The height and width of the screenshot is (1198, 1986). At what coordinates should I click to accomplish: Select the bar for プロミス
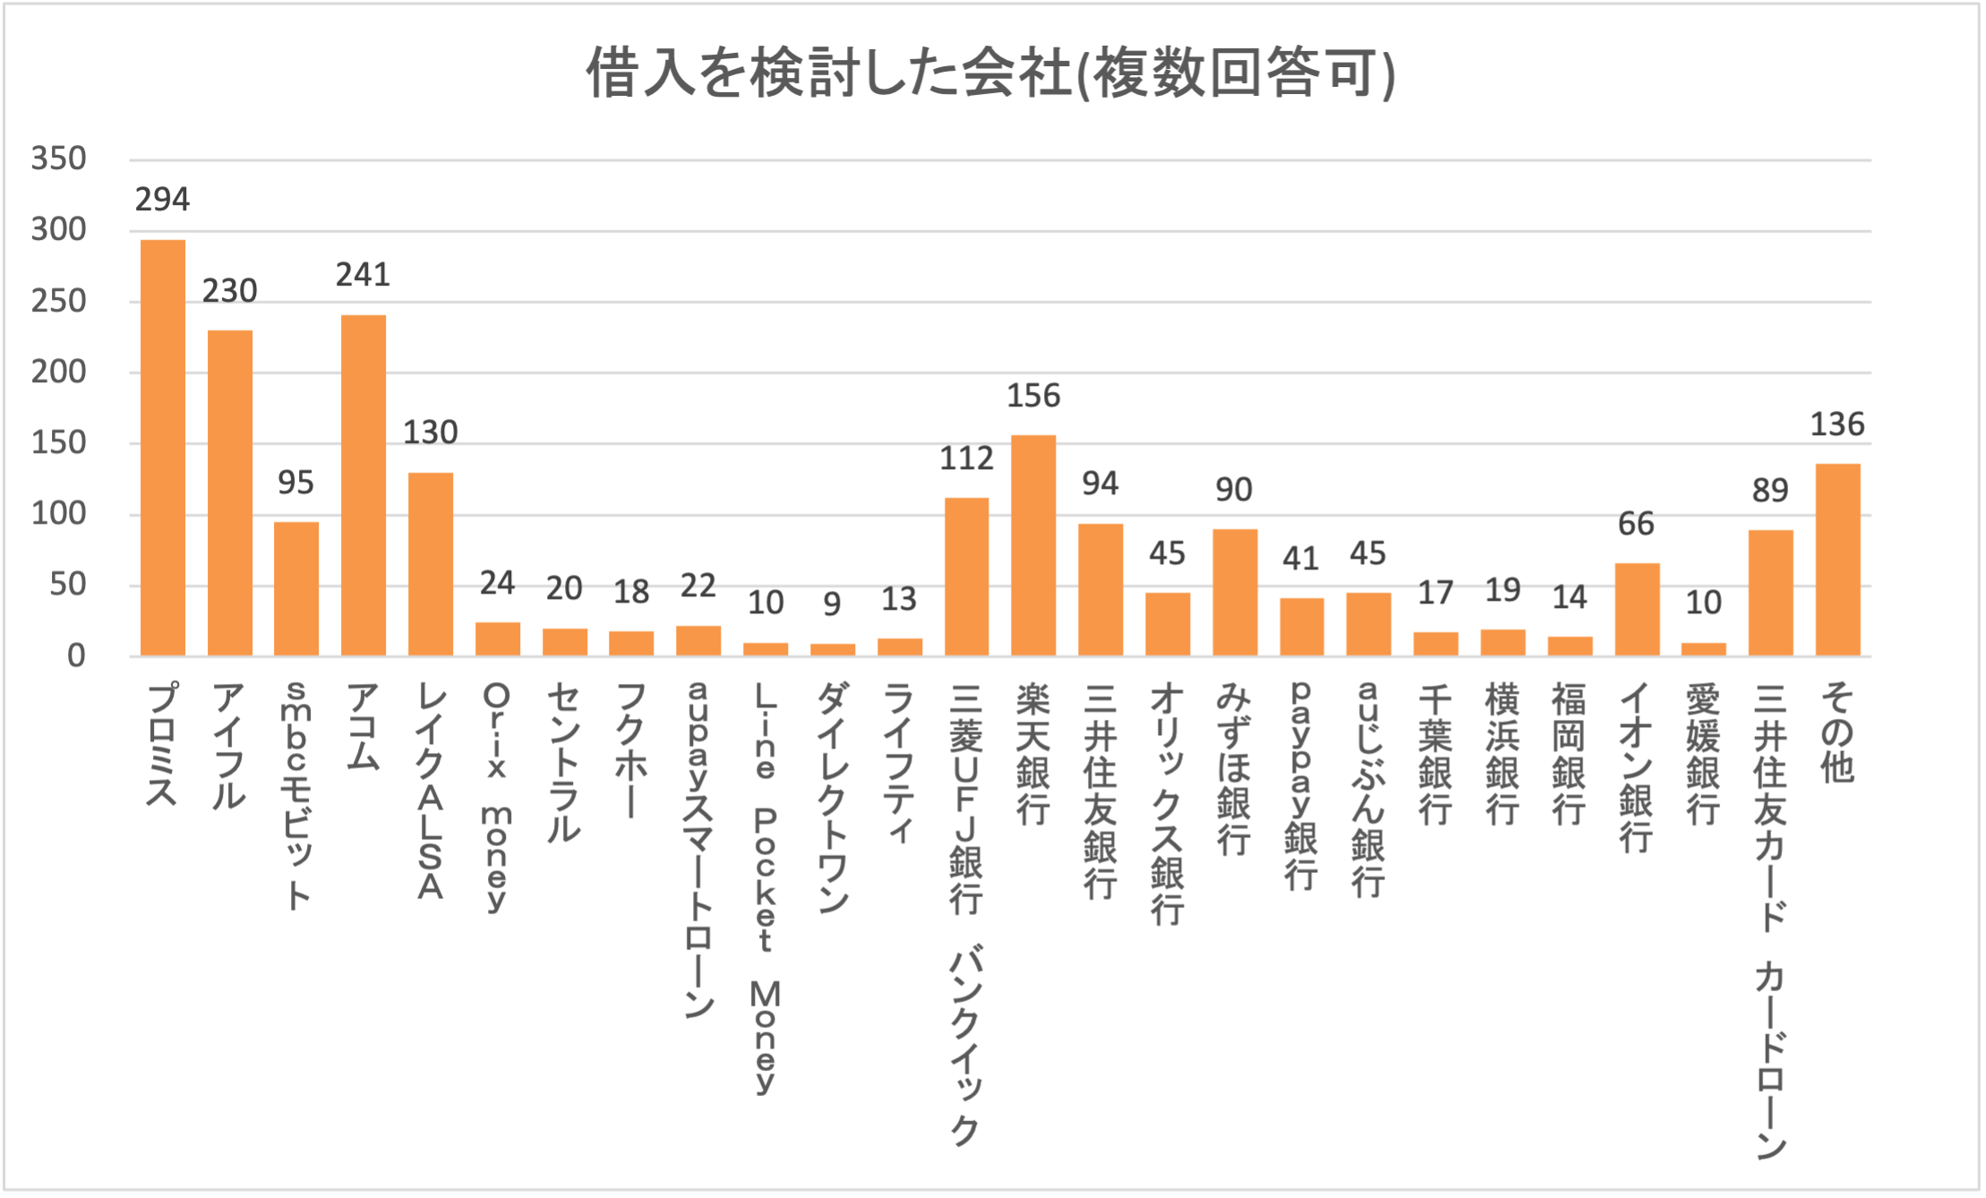tap(163, 448)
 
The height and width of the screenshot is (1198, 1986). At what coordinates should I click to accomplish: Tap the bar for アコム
tap(364, 485)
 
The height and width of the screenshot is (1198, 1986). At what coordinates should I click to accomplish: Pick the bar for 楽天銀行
tap(1033, 545)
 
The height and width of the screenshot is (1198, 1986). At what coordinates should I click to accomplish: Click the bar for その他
tap(1837, 560)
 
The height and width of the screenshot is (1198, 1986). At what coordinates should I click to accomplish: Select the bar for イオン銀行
tap(1637, 610)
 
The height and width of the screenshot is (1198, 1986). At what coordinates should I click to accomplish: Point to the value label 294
tap(163, 200)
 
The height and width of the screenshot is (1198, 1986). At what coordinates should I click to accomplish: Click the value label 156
tap(1033, 396)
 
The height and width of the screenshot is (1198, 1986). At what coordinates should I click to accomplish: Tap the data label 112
tap(966, 458)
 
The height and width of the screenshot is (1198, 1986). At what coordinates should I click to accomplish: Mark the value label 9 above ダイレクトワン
tap(833, 604)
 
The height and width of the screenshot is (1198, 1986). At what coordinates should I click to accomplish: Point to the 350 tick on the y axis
tap(59, 159)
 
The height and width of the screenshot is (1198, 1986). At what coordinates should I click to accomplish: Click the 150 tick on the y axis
tap(59, 443)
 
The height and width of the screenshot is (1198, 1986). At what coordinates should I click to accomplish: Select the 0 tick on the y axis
tap(76, 656)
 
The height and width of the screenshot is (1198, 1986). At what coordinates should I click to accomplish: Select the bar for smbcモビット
tap(296, 589)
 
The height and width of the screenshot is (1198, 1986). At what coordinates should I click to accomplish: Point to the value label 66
tap(1637, 524)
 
